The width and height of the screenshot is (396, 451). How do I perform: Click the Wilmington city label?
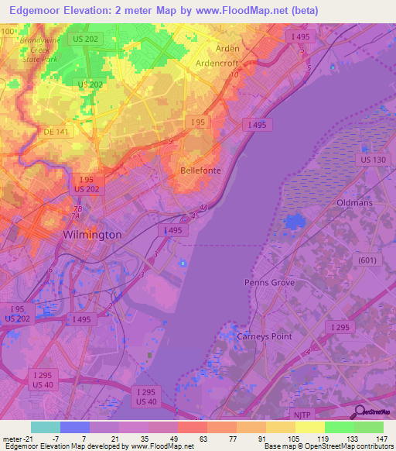point(92,234)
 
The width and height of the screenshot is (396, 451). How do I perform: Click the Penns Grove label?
point(269,283)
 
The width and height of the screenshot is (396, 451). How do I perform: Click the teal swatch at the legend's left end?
point(45,427)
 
